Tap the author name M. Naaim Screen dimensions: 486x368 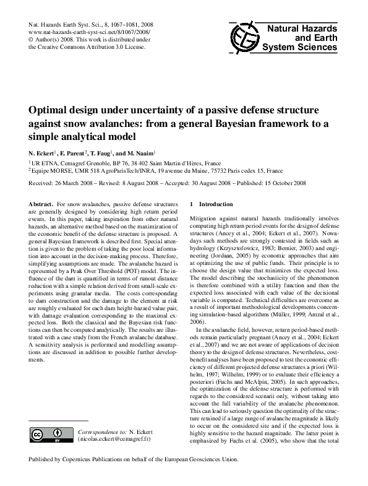pos(142,152)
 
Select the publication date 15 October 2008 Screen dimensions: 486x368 pos(287,184)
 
